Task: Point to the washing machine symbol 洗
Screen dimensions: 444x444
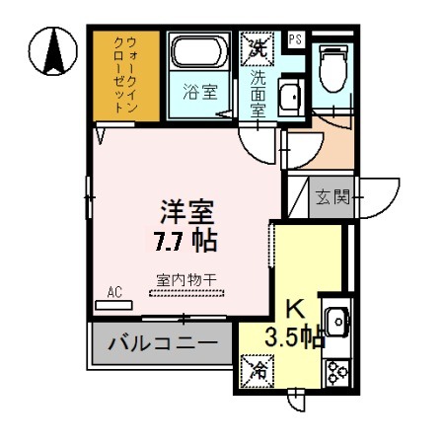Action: pos(258,45)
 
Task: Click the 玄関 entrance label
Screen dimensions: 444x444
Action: pos(333,196)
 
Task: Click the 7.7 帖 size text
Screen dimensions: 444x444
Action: pos(185,240)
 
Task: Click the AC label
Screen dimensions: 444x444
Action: pos(113,293)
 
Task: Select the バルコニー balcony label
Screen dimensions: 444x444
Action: pos(163,344)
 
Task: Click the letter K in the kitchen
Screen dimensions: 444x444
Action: pos(293,307)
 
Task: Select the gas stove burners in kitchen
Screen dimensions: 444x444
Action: pos(336,371)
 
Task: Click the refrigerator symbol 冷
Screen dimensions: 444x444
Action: pos(257,372)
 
